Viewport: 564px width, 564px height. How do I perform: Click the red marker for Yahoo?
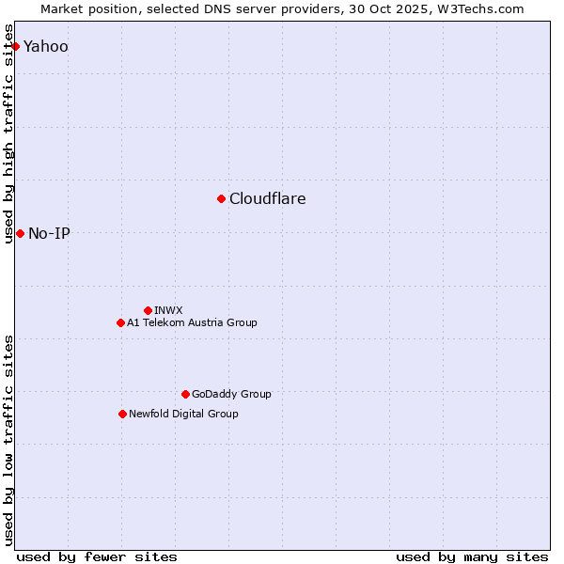point(15,46)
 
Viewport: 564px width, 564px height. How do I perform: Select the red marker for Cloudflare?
point(221,198)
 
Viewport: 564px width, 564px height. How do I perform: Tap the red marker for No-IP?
point(20,233)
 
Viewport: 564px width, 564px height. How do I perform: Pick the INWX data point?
point(148,310)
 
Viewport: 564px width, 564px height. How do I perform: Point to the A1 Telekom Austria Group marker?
point(120,322)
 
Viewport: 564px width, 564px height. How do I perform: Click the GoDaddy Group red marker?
point(185,394)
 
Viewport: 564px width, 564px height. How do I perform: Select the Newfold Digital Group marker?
point(122,414)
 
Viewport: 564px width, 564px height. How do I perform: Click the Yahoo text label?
point(46,46)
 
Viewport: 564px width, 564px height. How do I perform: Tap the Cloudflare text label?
point(268,198)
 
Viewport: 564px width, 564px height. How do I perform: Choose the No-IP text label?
point(49,233)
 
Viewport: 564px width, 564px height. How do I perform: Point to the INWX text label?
point(168,310)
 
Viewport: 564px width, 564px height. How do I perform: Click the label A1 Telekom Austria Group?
point(192,322)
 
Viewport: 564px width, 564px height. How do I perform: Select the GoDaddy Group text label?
point(231,394)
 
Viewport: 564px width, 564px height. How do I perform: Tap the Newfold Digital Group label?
point(183,414)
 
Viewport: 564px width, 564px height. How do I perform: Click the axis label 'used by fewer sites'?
point(97,556)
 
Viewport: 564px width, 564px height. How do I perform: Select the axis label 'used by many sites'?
point(472,556)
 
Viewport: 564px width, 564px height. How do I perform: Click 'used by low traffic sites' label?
point(9,440)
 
